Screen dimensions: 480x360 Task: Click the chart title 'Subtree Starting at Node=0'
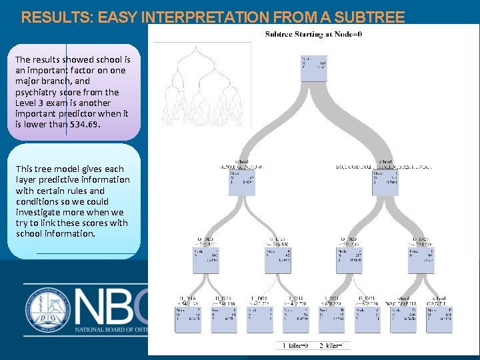pyautogui.click(x=313, y=35)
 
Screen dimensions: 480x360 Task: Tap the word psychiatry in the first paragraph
pyautogui.click(x=40, y=92)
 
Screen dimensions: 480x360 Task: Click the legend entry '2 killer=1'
pyautogui.click(x=331, y=345)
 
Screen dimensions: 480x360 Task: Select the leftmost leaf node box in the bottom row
pyautogui.click(x=188, y=319)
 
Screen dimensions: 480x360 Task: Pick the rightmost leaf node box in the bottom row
pyautogui.click(x=439, y=319)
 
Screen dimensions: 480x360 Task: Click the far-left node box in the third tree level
pyautogui.click(x=206, y=259)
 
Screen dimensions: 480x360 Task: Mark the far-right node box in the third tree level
pyautogui.click(x=421, y=259)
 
